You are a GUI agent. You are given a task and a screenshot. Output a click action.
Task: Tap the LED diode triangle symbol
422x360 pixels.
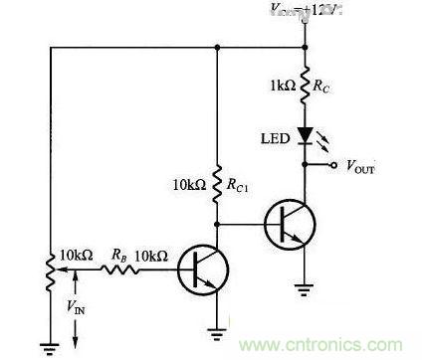(x=305, y=131)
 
